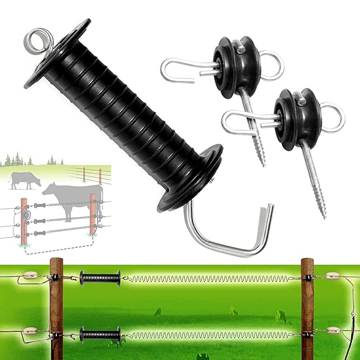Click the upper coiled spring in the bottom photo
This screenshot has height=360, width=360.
point(209,278)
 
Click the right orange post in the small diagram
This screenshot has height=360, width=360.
point(93,218)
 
